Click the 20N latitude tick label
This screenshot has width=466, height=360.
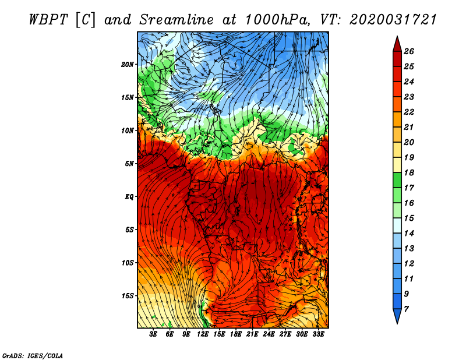pyautogui.click(x=128, y=64)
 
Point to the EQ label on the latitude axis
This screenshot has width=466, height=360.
pyautogui.click(x=129, y=196)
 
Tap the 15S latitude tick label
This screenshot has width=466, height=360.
pyautogui.click(x=128, y=295)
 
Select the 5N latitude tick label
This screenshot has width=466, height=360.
pyautogui.click(x=129, y=163)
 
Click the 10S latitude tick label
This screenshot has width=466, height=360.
pyautogui.click(x=128, y=263)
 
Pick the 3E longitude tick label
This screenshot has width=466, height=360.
pyautogui.click(x=154, y=334)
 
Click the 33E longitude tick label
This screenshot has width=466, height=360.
pyautogui.click(x=318, y=334)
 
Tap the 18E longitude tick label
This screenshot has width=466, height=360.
pyautogui.click(x=236, y=334)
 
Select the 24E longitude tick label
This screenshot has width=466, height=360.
pyautogui.click(x=269, y=334)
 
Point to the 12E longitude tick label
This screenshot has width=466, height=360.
pyautogui.click(x=203, y=334)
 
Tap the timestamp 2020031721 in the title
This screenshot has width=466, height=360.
pyautogui.click(x=393, y=20)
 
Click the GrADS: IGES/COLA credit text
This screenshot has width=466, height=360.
pyautogui.click(x=33, y=355)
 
